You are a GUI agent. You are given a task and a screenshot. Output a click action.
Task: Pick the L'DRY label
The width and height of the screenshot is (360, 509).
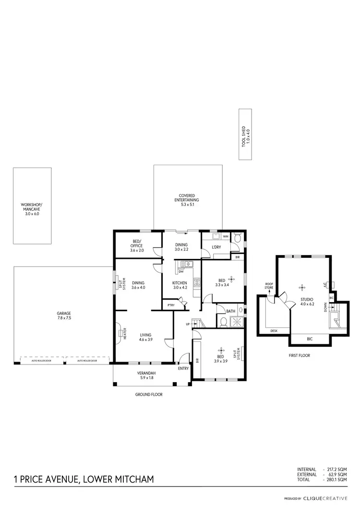coord(216,247)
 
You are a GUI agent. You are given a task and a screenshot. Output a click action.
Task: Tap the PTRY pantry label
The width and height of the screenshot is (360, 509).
coord(171,305)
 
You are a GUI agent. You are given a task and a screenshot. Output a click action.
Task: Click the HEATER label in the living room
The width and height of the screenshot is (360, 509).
coord(124,334)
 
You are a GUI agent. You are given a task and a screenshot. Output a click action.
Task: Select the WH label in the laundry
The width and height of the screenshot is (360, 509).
coord(225,237)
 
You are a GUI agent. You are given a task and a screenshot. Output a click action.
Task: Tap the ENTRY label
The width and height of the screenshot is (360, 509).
coord(183,369)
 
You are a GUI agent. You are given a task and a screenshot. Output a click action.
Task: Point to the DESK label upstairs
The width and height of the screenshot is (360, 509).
coord(274,331)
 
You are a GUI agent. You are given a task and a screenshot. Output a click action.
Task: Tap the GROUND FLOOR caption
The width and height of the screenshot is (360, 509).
coord(149,394)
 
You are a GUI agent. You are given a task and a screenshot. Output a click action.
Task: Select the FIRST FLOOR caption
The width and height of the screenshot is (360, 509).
coord(300,356)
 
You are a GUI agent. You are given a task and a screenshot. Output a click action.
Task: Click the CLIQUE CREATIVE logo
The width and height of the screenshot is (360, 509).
coord(329,498)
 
